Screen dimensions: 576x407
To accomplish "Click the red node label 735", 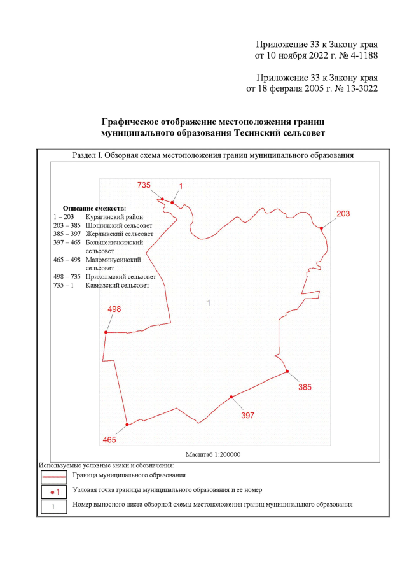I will (x=144, y=185).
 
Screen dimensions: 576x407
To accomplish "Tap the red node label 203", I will (x=343, y=214).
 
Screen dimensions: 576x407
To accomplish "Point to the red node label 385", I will (x=305, y=386).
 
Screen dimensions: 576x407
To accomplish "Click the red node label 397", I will (x=247, y=415).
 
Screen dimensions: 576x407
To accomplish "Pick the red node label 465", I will (x=110, y=440).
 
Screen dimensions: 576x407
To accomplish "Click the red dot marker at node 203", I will (x=322, y=228).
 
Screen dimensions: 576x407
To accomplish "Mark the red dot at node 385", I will (x=287, y=371).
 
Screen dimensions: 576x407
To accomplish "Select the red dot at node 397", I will (x=231, y=397).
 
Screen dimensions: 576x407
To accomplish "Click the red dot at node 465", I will (x=127, y=425).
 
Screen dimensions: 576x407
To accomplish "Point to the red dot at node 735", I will (x=162, y=199).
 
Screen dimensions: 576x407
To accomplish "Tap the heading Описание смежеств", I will (x=95, y=208).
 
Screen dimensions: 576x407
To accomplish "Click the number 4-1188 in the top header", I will (x=361, y=56).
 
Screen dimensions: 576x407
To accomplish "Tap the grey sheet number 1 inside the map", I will (x=209, y=302).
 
